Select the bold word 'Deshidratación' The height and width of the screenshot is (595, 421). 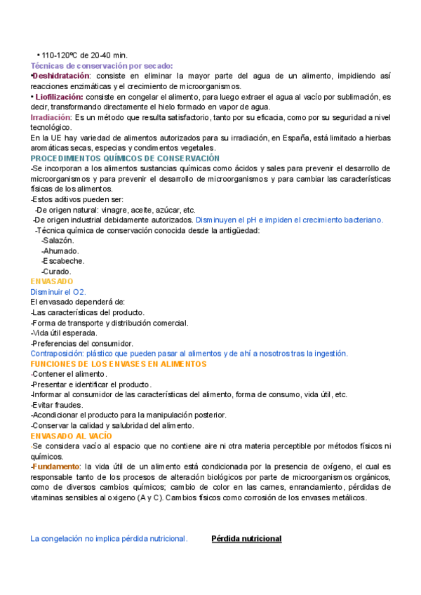tap(62, 75)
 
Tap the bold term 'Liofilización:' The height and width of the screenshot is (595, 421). tap(60, 96)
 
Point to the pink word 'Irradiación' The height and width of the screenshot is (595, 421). tap(51, 117)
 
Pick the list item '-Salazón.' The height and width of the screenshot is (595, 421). tap(58, 241)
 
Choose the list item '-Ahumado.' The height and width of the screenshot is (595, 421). tap(60, 250)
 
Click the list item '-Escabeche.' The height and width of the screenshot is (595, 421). tap(63, 261)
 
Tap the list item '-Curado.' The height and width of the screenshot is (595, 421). tap(56, 272)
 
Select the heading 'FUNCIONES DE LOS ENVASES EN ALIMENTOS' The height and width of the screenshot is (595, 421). tap(119, 364)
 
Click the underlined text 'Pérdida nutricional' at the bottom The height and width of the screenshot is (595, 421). tap(246, 539)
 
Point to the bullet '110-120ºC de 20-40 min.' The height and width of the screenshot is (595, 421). tap(83, 55)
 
